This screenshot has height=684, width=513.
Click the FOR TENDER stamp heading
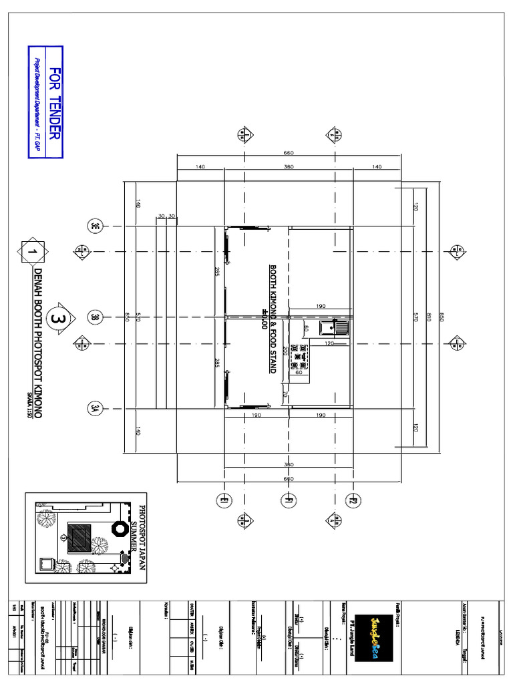(55, 102)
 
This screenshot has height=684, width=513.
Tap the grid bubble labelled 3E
(95, 226)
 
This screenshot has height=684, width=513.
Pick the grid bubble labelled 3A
(95, 409)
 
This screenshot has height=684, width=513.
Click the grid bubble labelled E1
(224, 500)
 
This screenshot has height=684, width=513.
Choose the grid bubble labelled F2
(353, 500)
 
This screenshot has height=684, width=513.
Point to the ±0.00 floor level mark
(265, 321)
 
